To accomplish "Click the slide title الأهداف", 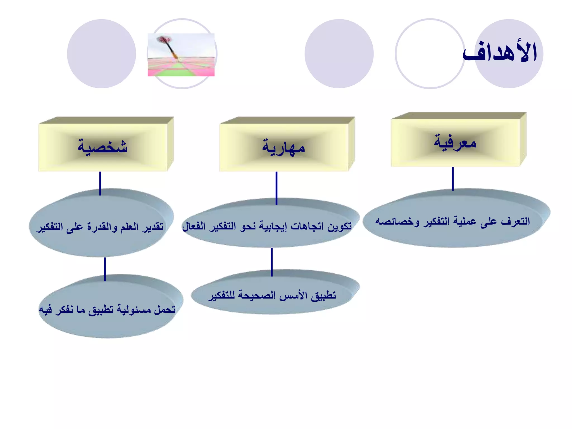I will coord(500,53).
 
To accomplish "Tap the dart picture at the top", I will coord(181,55).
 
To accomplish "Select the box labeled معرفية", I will coord(455,142).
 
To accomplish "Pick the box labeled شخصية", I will coord(103,146).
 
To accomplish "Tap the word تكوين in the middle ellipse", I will coord(340,226).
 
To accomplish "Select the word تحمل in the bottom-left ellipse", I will coord(165,309).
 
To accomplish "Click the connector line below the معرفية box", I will coord(453,179).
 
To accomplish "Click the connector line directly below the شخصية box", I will coord(100,183).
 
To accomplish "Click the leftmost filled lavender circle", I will coord(101,54).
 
